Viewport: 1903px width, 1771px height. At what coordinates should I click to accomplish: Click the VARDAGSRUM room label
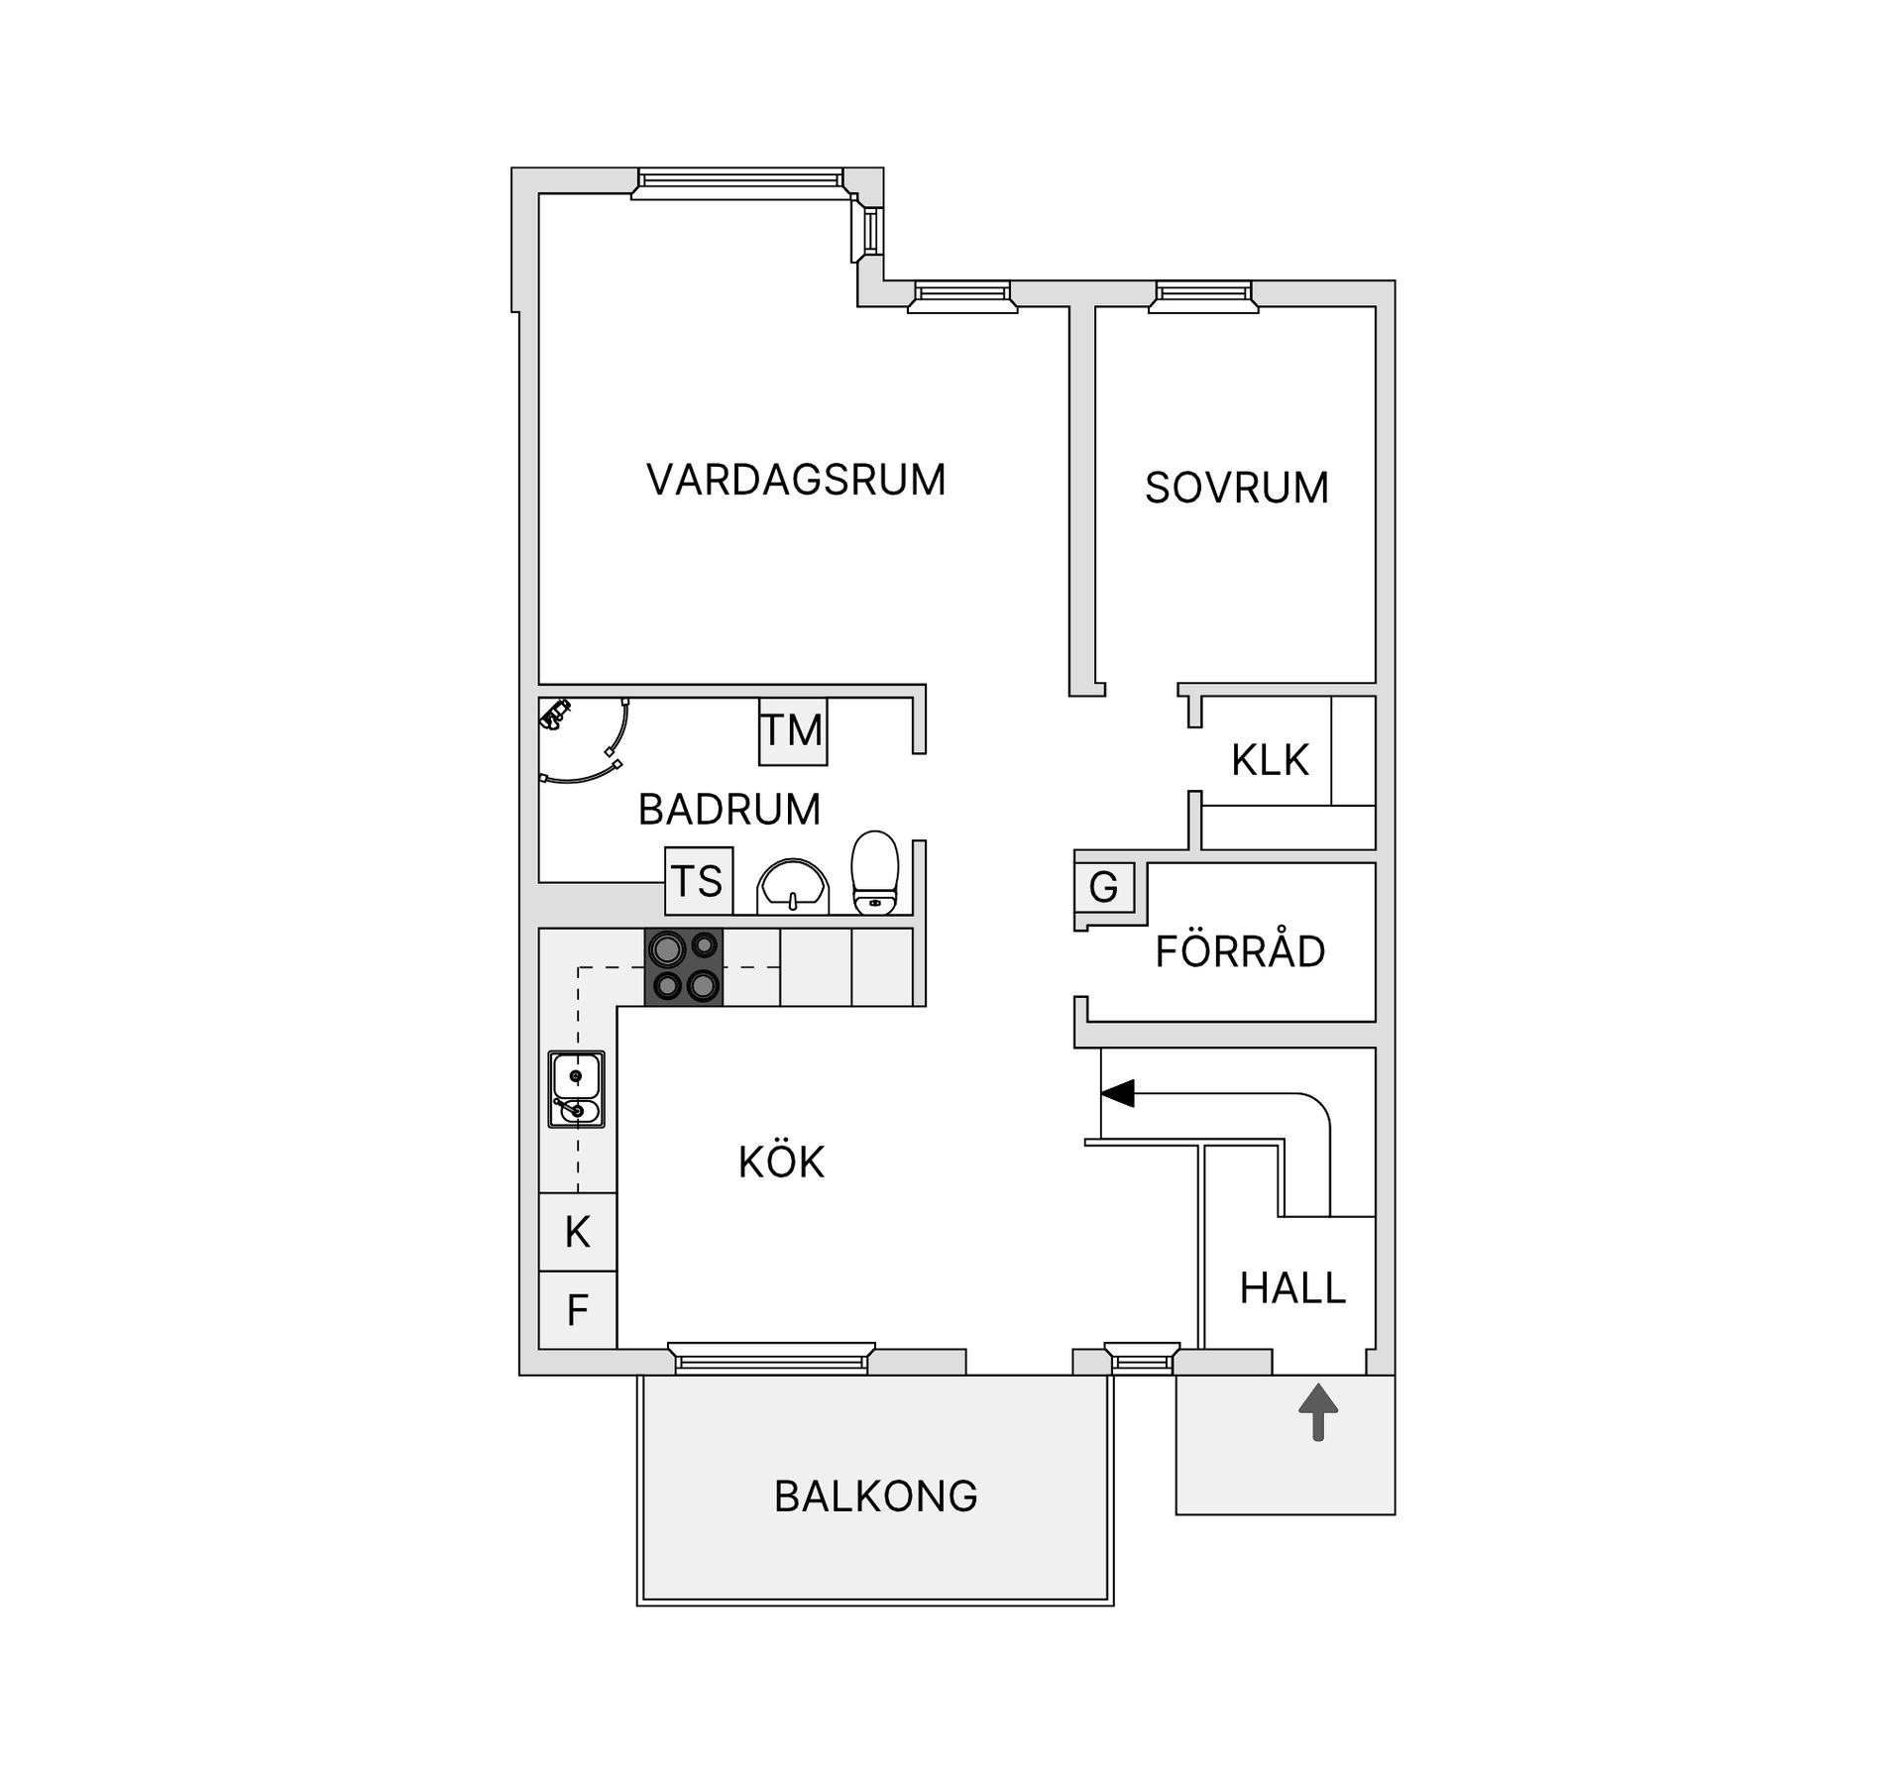(796, 481)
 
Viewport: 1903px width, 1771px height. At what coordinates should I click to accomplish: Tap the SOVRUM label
(1236, 489)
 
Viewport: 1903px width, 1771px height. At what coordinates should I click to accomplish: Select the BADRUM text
(729, 810)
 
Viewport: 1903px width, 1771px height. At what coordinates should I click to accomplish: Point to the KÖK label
(781, 1162)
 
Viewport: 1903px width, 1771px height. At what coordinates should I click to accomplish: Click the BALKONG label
(875, 1496)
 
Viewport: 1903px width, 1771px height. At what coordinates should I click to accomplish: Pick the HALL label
(1292, 1288)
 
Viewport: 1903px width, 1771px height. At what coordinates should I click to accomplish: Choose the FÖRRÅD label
(1240, 952)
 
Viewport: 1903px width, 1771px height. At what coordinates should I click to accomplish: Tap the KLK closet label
(1270, 761)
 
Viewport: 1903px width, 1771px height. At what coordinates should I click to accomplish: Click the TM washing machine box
(793, 731)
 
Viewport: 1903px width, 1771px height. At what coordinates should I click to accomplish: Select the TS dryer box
(699, 881)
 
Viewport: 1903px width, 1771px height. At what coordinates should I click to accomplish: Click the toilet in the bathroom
(875, 871)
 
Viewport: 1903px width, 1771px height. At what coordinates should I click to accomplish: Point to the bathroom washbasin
(792, 886)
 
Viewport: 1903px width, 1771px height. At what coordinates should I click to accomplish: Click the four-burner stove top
(684, 967)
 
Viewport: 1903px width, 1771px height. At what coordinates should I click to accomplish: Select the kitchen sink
(577, 1090)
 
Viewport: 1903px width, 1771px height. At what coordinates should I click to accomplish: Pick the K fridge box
(578, 1233)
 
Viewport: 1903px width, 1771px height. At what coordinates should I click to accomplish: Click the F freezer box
(578, 1310)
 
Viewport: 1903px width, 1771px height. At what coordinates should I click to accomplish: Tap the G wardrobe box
(1104, 887)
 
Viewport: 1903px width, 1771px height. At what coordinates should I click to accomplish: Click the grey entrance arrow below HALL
(1318, 1412)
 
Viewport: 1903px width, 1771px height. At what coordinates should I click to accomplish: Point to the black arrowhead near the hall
(1118, 1094)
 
